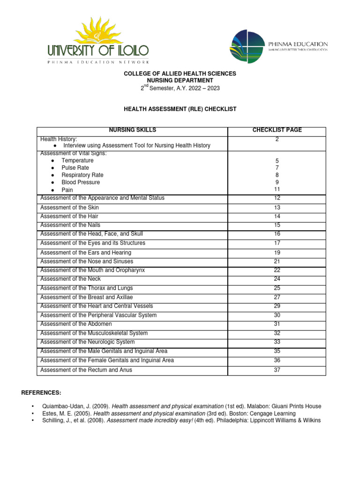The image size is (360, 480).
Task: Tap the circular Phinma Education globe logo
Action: [247, 46]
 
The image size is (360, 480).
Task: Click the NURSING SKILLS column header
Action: [133, 130]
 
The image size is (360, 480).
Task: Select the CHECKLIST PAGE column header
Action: [277, 130]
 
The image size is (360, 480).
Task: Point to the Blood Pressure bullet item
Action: [81, 182]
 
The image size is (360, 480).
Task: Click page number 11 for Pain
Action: [277, 189]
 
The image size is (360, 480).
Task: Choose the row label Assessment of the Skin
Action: [70, 208]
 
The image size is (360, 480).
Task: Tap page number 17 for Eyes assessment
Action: [277, 243]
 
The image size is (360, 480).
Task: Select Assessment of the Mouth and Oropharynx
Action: [93, 270]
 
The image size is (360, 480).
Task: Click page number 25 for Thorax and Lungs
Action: [277, 288]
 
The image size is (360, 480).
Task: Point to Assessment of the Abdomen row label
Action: [76, 324]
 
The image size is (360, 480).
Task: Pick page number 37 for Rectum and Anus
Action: [277, 370]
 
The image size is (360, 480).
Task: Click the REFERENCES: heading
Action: [41, 392]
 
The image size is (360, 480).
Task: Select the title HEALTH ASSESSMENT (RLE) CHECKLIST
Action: [180, 109]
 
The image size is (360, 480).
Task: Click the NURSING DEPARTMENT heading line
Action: [180, 81]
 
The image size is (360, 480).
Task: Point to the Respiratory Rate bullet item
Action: [82, 175]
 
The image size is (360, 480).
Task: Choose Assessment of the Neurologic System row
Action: [88, 342]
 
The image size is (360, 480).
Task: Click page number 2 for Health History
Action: [277, 139]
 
